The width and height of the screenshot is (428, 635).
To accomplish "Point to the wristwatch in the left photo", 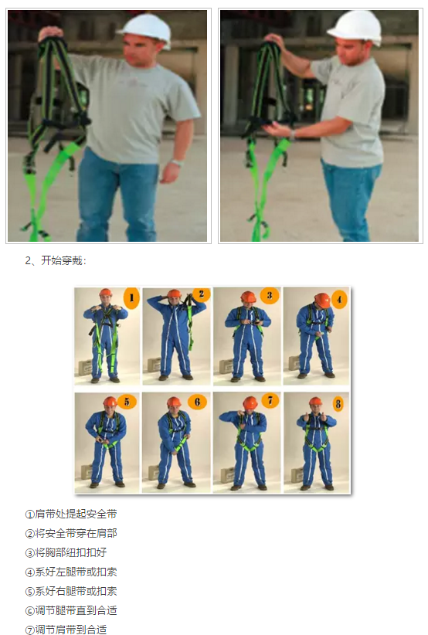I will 177,163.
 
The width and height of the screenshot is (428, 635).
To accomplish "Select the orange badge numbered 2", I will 200,294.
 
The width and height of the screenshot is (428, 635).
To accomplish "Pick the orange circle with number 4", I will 338,298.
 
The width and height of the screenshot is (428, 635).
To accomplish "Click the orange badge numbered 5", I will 128,402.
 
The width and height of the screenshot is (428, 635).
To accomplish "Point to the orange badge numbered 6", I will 198,402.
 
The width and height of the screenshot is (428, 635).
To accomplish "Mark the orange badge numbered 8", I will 338,402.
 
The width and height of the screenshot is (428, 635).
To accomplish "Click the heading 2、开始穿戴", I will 56,260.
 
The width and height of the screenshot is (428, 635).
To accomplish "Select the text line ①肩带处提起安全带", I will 71,514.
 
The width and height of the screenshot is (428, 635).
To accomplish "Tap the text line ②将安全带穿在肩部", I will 71,533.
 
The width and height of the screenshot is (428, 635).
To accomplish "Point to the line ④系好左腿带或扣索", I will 71,572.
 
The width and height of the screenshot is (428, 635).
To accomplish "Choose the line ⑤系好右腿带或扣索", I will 71,591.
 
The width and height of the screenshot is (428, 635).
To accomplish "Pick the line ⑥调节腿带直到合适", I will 71,610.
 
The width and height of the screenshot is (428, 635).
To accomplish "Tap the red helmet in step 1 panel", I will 105,294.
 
